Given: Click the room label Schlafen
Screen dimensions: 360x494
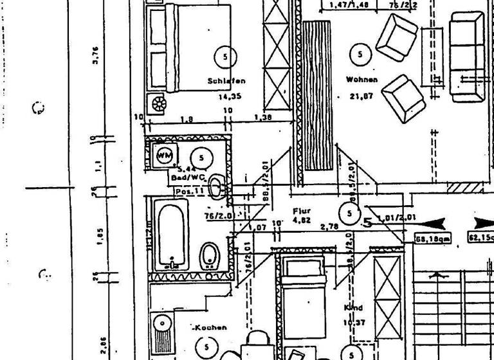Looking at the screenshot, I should click(226, 82).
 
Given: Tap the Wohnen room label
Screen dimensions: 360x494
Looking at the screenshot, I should click(361, 80).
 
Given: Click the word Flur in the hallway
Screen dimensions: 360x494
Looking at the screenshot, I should click(301, 211).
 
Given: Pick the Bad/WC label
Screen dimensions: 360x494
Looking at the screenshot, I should click(187, 176).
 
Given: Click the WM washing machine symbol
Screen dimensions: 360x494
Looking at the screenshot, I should click(163, 155).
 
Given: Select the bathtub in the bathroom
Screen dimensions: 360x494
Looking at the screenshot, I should click(170, 234).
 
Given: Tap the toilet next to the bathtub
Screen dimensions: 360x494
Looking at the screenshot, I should click(210, 255).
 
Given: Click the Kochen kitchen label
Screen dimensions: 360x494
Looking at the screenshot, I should click(211, 327).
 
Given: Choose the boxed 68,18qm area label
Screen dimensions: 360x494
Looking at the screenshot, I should click(434, 239).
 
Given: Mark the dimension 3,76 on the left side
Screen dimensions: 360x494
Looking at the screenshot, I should click(95, 58).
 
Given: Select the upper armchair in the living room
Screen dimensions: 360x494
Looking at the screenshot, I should click(396, 35).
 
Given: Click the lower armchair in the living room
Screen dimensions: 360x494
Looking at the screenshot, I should click(403, 98).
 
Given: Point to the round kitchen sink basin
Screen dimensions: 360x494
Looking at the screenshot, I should click(162, 323).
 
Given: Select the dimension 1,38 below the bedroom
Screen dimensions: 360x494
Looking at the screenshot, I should click(263, 118).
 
